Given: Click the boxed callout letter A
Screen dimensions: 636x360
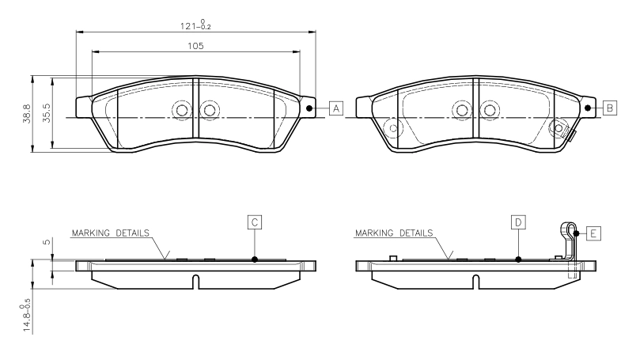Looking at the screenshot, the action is coord(336,108).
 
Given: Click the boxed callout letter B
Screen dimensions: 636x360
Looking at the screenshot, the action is coord(610,108).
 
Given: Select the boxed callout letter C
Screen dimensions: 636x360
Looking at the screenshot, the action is coord(255,222).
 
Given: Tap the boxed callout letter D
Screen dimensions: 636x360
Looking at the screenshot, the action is coord(518,222).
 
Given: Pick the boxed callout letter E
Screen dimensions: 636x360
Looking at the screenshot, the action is coord(593,233).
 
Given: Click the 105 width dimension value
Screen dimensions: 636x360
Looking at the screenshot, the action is coord(195,46).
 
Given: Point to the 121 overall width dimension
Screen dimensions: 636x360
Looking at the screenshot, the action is coord(195,25).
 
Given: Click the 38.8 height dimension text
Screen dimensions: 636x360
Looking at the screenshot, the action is coord(27,114).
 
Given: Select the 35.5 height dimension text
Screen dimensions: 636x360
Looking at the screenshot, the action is coord(47,114).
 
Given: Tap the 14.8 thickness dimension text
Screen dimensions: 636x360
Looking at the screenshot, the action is coord(26,316).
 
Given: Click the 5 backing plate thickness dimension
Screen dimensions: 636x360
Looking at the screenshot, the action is coord(47,242).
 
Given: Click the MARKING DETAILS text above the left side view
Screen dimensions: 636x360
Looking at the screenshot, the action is coord(110,233).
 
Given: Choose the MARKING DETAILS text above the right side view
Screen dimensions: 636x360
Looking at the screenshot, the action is coord(394,233).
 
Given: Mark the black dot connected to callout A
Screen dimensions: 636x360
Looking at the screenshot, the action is coord(309,108).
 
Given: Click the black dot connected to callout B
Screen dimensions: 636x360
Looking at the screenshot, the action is coord(588,108).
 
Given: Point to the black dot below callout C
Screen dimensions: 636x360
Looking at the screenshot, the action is coord(255,260).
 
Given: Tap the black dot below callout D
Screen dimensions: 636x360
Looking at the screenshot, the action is coord(518,260).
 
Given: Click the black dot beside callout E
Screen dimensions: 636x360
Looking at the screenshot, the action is coord(576,233).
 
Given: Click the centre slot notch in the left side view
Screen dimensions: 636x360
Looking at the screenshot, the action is coord(195,282).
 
